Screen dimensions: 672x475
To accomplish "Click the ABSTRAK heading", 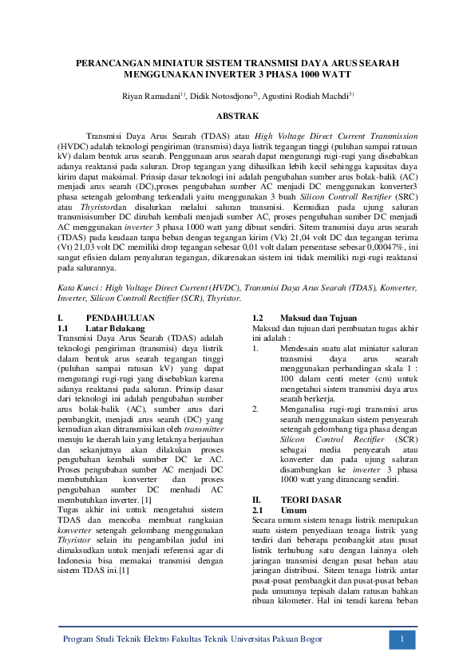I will (x=237, y=116).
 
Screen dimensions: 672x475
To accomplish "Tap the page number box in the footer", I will (x=403, y=640).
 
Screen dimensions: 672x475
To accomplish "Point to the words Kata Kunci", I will (x=79, y=287).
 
